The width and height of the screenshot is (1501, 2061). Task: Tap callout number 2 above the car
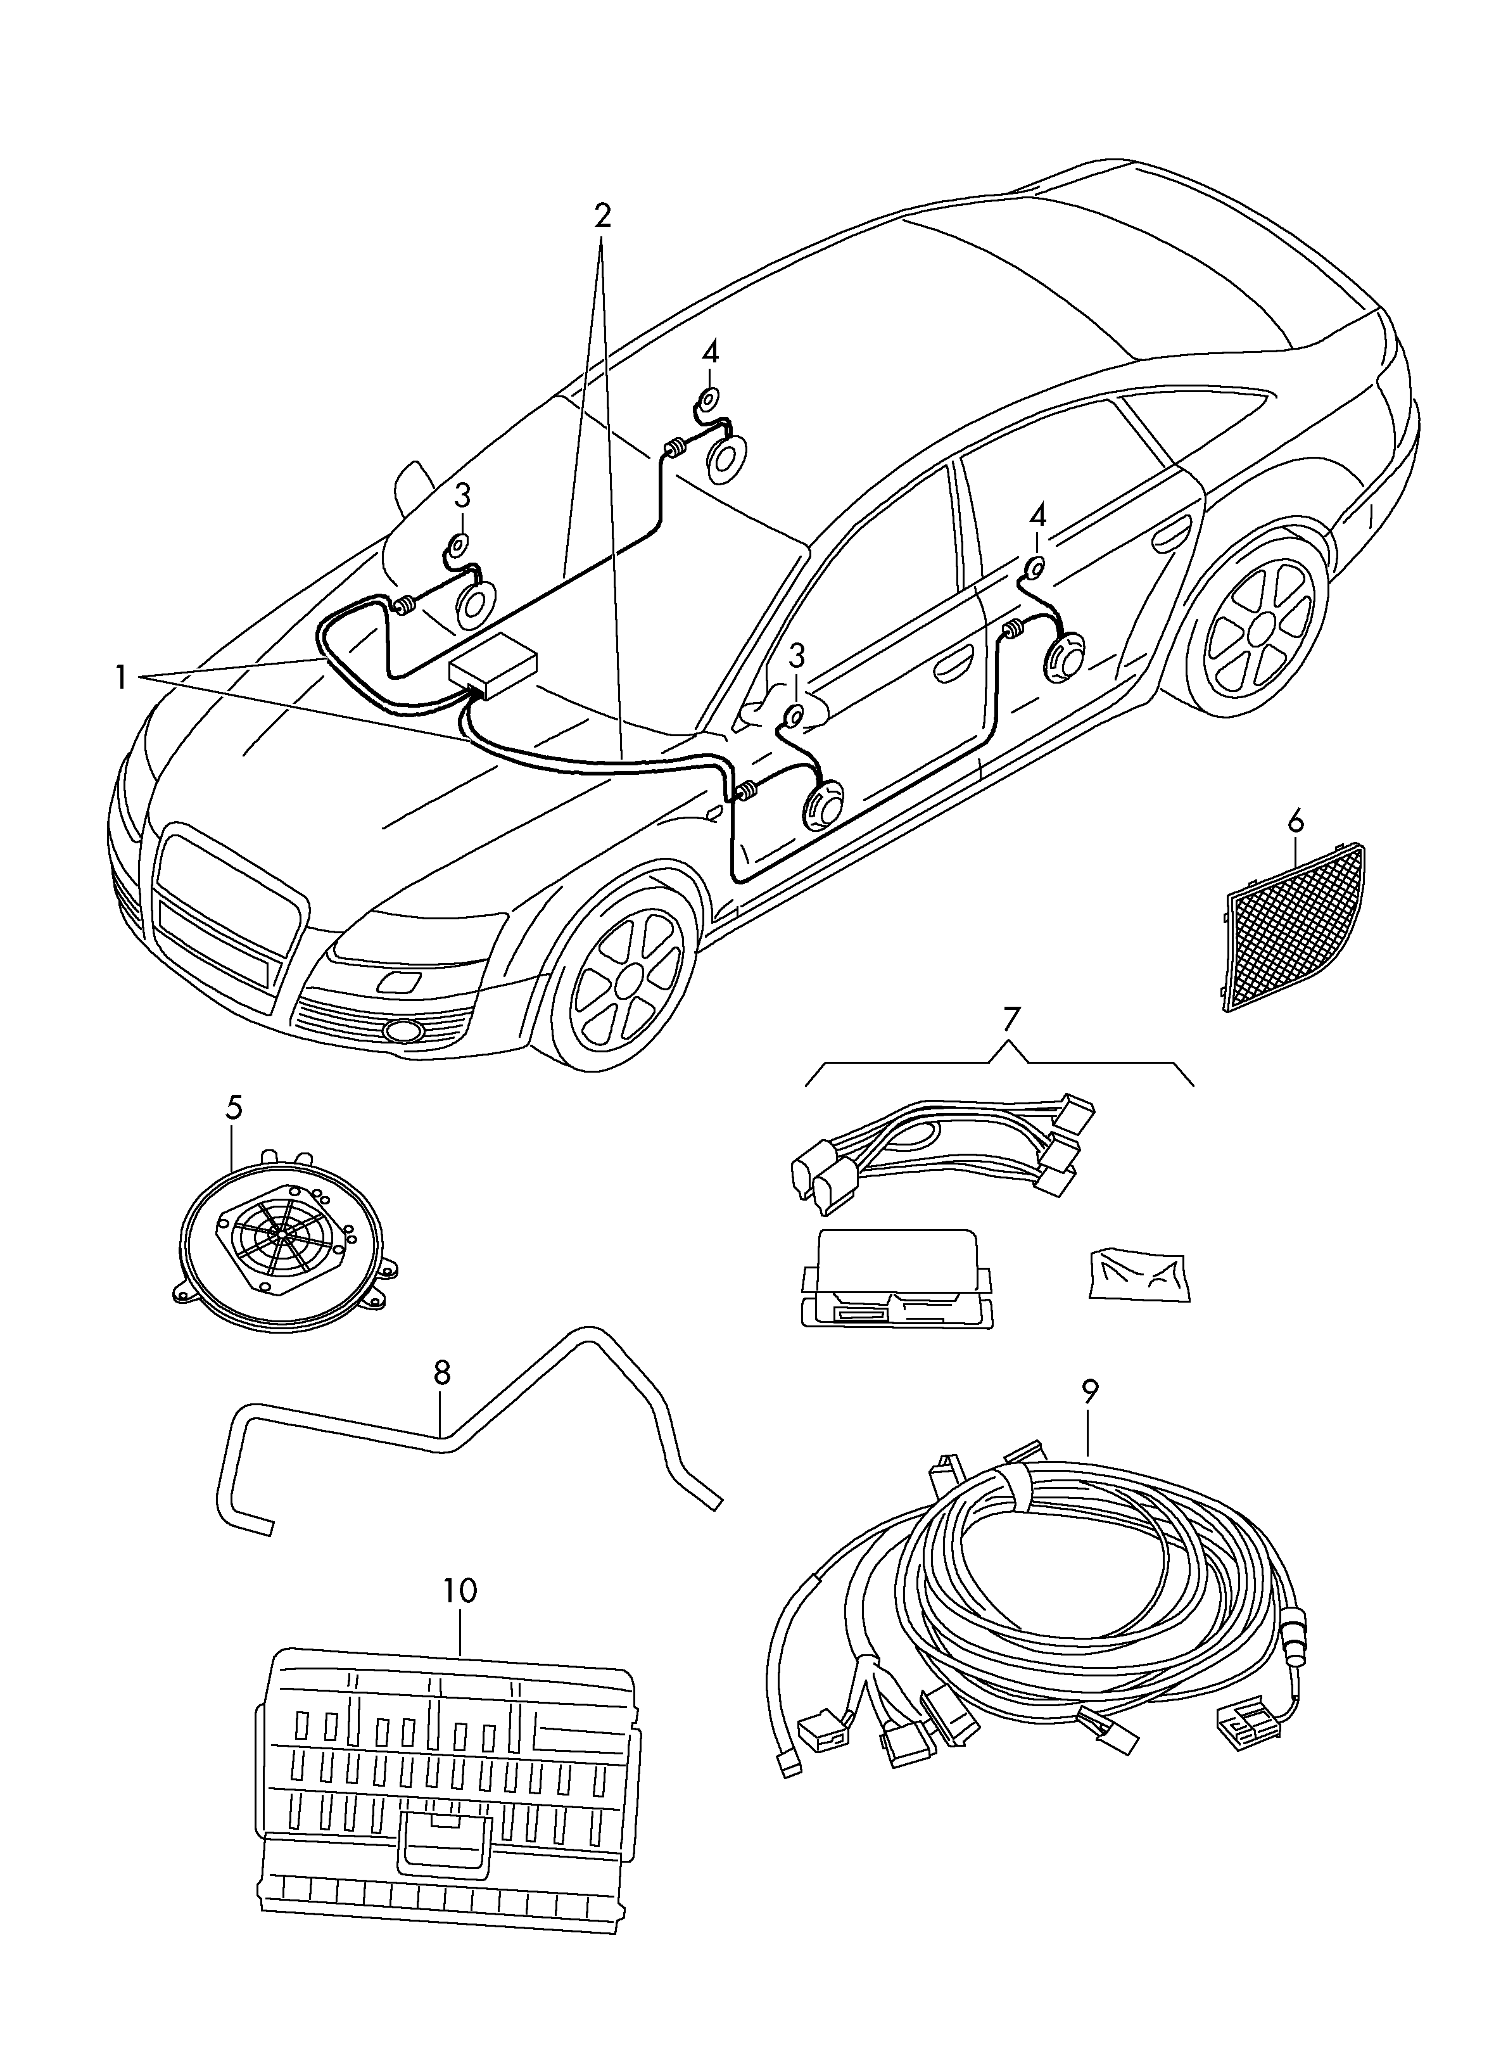click(x=602, y=215)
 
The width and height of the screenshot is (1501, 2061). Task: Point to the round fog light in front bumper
click(x=401, y=1030)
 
